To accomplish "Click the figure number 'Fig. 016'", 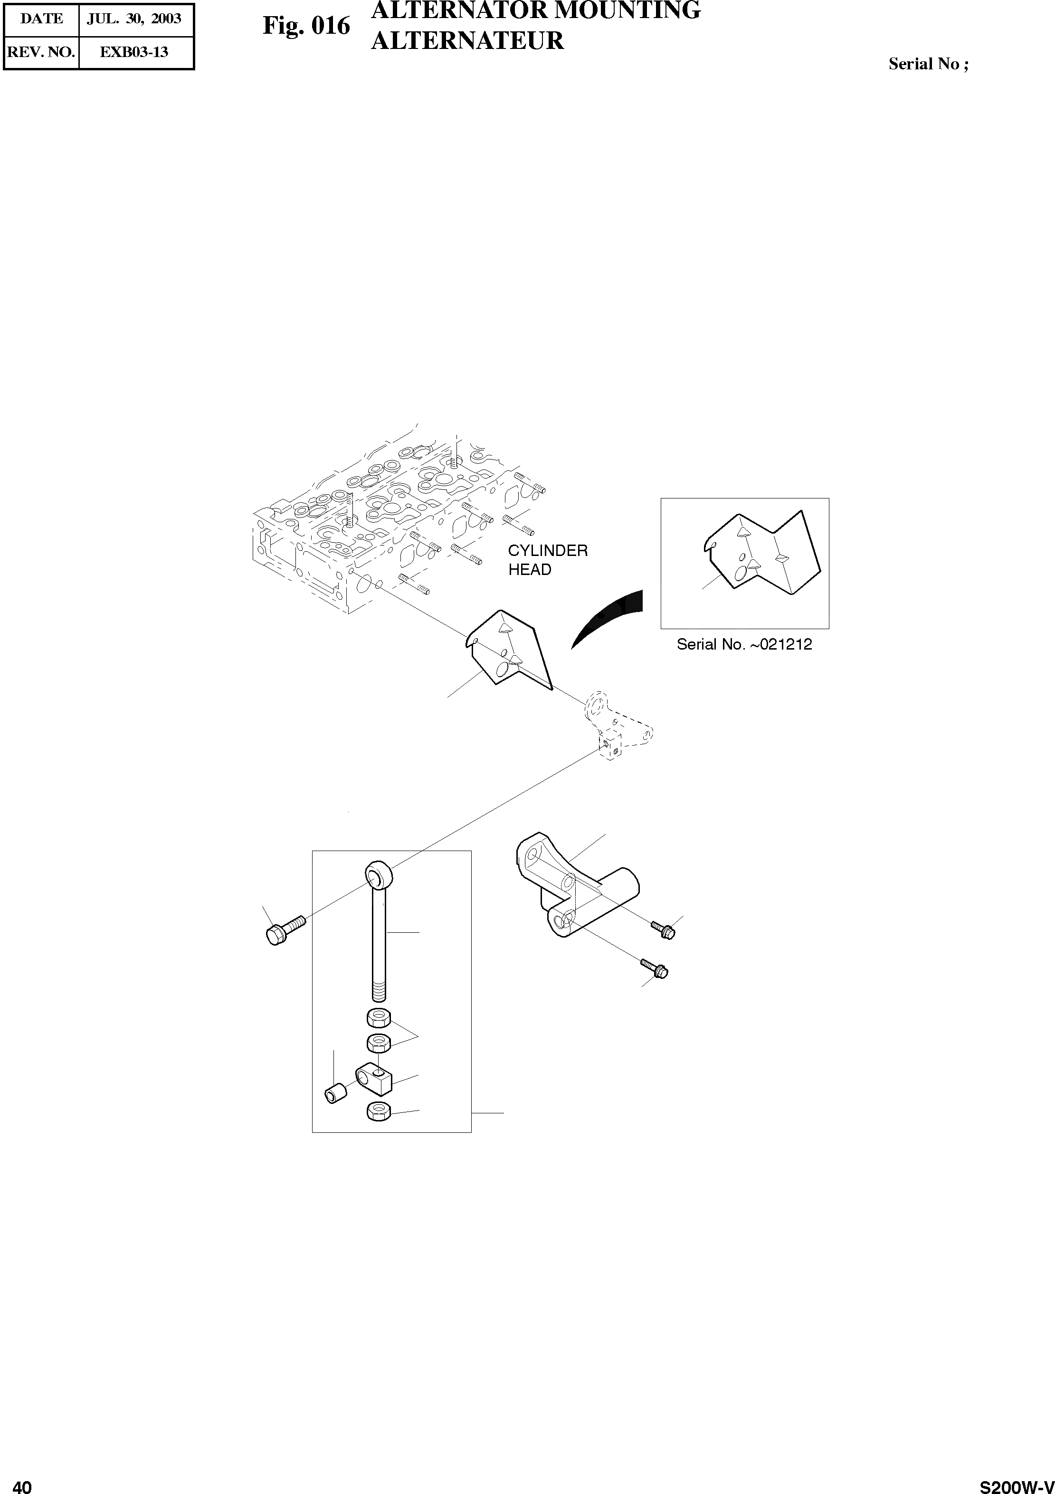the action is tap(306, 26).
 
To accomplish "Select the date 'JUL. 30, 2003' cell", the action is tap(134, 19).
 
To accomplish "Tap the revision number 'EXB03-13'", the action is tap(134, 52).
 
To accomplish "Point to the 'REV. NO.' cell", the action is tap(41, 52).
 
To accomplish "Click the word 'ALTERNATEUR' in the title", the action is tap(466, 40).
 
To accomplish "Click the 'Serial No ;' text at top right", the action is tap(928, 64).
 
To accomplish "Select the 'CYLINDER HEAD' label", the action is tap(547, 560).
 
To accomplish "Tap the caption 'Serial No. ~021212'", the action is tap(744, 644).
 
